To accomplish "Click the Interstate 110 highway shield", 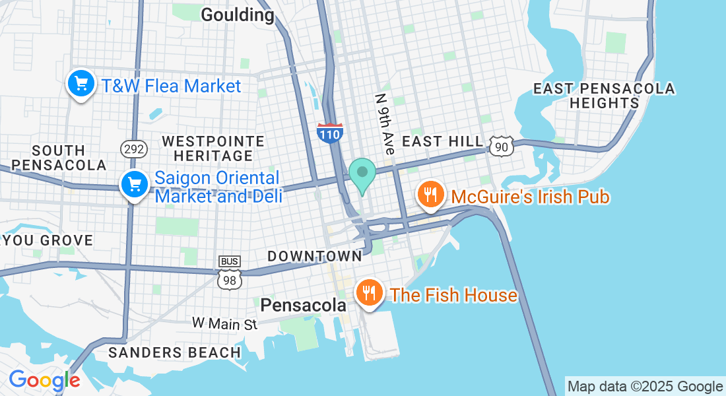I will click(329, 134).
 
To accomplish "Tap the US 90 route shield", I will click(502, 146).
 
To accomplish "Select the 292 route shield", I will click(133, 149).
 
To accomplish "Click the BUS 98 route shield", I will click(229, 273).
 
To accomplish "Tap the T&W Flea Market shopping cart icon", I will click(81, 84).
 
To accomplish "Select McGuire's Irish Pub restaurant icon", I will click(430, 195).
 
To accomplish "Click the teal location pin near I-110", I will click(362, 174).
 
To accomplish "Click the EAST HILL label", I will click(442, 142).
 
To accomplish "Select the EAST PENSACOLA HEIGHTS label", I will click(604, 96).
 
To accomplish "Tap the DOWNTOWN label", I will click(315, 256).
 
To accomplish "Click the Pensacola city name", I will click(303, 305).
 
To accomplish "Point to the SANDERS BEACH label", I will click(174, 352).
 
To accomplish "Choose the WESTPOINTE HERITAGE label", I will click(213, 148).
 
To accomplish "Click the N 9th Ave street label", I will click(383, 124).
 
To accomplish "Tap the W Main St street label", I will click(224, 323).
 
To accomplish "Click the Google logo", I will click(44, 381).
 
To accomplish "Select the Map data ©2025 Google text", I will click(645, 387).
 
